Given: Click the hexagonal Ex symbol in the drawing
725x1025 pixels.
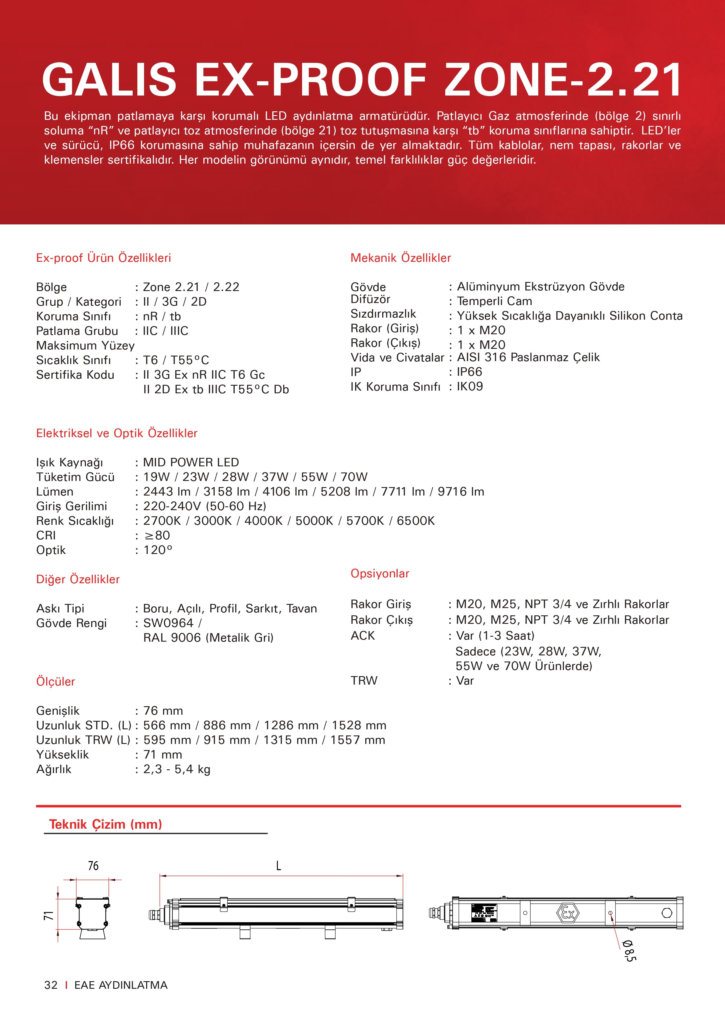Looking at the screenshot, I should [x=567, y=913].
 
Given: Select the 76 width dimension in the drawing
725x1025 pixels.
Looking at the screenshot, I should [x=93, y=866].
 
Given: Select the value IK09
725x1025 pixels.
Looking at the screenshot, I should [x=470, y=387].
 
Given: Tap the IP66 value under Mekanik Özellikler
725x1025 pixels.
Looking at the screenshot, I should [x=469, y=372].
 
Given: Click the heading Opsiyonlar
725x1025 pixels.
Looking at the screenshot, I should [x=380, y=574].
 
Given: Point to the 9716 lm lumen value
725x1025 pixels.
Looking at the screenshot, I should [x=461, y=491].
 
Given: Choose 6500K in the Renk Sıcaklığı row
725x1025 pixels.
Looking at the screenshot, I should [x=416, y=521].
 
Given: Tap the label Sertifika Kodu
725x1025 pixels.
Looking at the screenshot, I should [x=75, y=375].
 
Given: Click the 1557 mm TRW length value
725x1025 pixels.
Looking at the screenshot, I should [x=358, y=740].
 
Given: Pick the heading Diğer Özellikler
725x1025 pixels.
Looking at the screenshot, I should [x=78, y=579].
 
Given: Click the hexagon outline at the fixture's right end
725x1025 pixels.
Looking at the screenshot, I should [x=667, y=913].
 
